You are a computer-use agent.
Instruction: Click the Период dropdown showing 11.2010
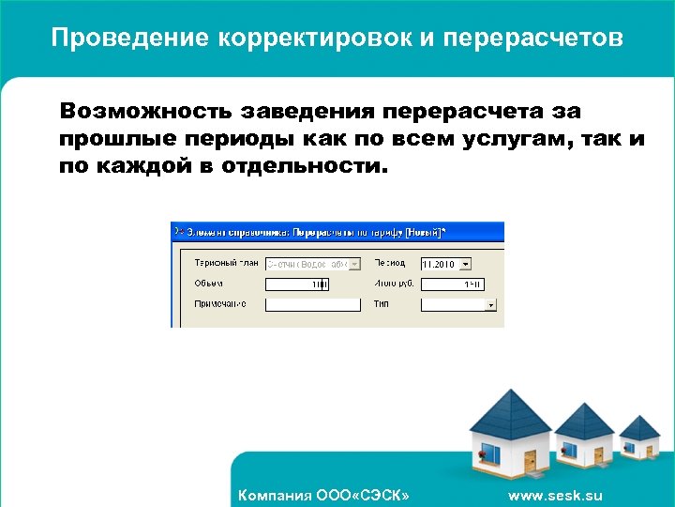446,264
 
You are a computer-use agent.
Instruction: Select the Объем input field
297,284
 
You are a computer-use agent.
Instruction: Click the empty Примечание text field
313,304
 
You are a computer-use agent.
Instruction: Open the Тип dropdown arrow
490,305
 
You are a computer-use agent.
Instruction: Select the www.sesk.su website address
555,495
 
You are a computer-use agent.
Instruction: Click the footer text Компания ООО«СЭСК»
323,495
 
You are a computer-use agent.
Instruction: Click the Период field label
390,263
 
